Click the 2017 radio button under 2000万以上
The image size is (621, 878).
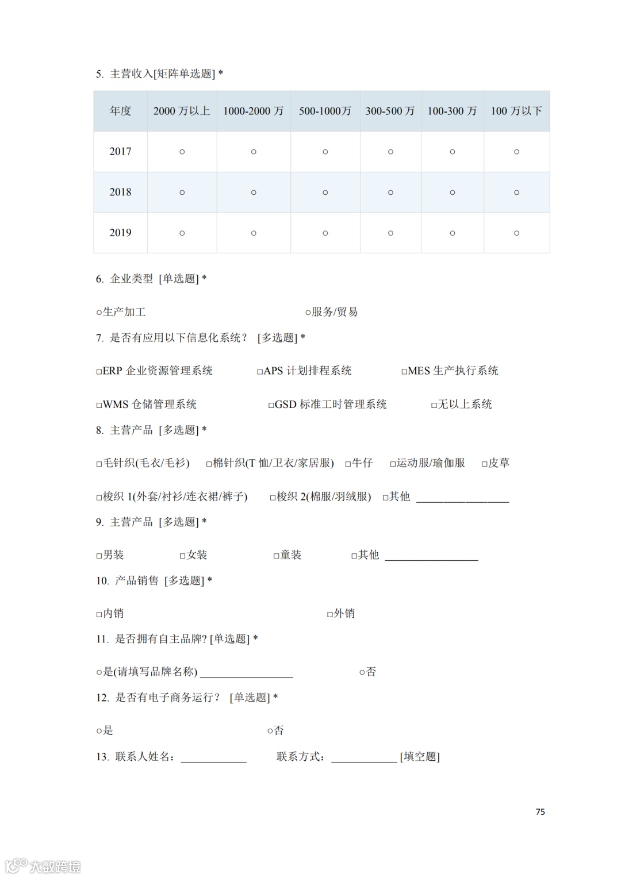pyautogui.click(x=182, y=152)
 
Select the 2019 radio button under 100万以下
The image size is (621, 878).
pyautogui.click(x=516, y=233)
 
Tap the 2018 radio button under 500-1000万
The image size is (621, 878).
pyautogui.click(x=325, y=192)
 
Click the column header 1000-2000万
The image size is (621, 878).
pyautogui.click(x=254, y=111)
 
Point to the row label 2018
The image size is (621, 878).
pyautogui.click(x=120, y=192)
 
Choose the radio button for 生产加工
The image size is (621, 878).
pyautogui.click(x=99, y=313)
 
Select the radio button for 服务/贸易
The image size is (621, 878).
pyautogui.click(x=308, y=313)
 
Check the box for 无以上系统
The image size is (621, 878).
pyautogui.click(x=434, y=405)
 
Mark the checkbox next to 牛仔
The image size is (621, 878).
pyautogui.click(x=348, y=464)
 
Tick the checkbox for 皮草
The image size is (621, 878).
pyautogui.click(x=484, y=464)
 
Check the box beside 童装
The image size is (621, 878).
pyautogui.click(x=276, y=556)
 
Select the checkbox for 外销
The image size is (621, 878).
pyautogui.click(x=330, y=614)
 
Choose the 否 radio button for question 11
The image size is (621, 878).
pyautogui.click(x=362, y=672)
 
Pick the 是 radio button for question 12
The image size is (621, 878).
pyautogui.click(x=99, y=731)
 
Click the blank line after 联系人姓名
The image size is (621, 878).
pyautogui.click(x=213, y=757)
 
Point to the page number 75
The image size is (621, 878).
pyautogui.click(x=540, y=811)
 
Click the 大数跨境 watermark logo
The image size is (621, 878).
pyautogui.click(x=43, y=865)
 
